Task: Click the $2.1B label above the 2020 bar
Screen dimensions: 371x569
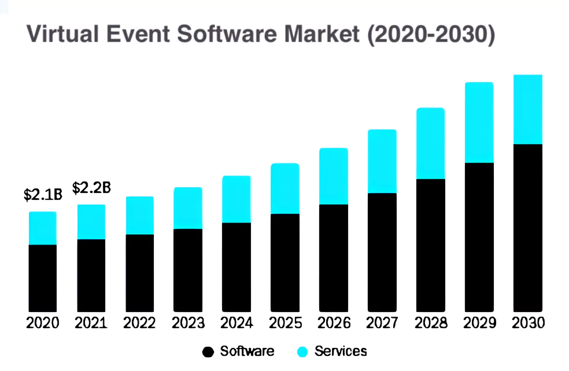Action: [x=42, y=195]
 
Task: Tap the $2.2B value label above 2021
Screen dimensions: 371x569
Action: [x=91, y=188]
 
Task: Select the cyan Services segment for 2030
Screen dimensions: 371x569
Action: [x=527, y=109]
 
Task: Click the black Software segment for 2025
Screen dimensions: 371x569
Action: [x=285, y=263]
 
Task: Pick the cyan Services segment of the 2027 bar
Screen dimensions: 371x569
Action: [x=382, y=161]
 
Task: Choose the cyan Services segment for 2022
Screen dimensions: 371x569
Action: [x=140, y=216]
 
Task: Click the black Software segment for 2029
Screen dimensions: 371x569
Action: [x=479, y=238]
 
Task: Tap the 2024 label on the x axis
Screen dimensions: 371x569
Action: [x=237, y=323]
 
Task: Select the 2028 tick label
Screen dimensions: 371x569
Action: [x=431, y=323]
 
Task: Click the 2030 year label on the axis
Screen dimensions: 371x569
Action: [x=528, y=323]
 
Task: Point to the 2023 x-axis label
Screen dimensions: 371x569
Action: [x=188, y=323]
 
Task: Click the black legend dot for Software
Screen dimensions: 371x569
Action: [x=208, y=351]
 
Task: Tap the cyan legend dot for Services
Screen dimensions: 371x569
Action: [x=302, y=351]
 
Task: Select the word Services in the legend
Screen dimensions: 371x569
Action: [x=341, y=351]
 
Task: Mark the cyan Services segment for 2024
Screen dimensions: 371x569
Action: [x=237, y=199]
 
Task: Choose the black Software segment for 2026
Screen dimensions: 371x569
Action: [x=334, y=258]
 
